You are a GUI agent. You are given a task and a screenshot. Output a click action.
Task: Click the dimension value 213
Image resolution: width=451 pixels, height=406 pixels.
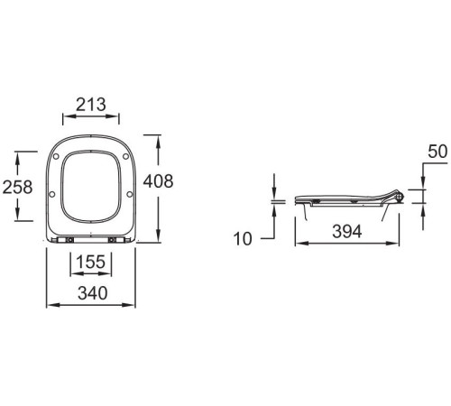click(91, 105)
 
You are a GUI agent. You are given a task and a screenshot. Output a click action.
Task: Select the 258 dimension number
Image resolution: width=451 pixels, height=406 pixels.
click(17, 187)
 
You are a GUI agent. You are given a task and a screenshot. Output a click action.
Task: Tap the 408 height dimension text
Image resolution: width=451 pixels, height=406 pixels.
click(158, 181)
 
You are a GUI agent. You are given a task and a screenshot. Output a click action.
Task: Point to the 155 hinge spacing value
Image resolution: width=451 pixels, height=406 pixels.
click(91, 262)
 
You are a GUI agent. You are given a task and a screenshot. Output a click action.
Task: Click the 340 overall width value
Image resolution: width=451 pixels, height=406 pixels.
click(92, 293)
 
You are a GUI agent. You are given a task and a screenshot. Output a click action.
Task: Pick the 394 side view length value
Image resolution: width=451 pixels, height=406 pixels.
click(347, 232)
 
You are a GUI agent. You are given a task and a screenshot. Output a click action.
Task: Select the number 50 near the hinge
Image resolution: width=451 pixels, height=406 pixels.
click(437, 152)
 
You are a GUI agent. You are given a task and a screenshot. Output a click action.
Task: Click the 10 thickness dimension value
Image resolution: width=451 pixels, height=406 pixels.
click(243, 239)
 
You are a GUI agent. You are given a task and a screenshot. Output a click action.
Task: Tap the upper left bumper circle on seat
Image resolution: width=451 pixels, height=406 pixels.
click(56, 157)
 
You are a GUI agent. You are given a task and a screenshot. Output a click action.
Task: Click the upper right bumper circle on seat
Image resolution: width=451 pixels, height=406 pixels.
click(125, 156)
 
